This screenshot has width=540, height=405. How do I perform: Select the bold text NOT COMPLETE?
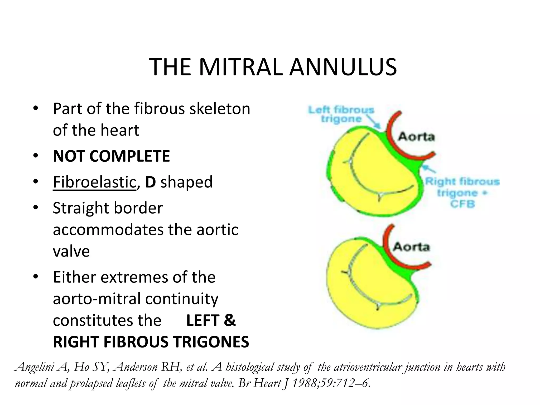coord(111,156)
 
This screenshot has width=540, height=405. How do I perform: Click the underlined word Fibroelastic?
coord(94,182)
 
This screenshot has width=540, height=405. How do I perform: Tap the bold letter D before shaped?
coord(150,182)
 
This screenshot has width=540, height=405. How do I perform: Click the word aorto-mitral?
coord(97,299)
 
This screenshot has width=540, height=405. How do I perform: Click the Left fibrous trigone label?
coord(341,114)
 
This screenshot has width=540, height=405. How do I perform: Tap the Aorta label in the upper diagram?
coord(416,137)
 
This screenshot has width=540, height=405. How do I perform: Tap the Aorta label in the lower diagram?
coord(411,247)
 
